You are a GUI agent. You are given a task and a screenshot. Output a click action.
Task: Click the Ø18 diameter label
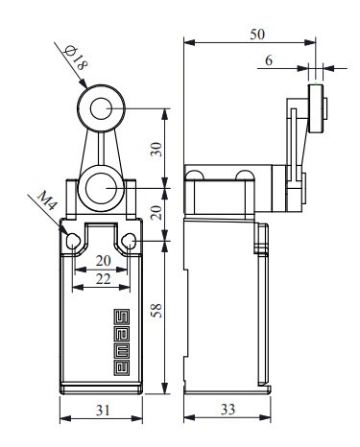[x=76, y=58]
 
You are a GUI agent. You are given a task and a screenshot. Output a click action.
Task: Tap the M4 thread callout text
[x=47, y=200]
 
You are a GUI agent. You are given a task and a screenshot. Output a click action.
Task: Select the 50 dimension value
[x=257, y=35]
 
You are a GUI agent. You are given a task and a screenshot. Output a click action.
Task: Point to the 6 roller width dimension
[x=269, y=60]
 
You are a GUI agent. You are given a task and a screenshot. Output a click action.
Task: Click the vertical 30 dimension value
[x=156, y=150]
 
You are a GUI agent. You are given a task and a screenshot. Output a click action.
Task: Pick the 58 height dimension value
[x=156, y=311]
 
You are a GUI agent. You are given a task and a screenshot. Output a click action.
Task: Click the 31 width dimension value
[x=103, y=411]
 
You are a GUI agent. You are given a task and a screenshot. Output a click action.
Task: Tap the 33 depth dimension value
[x=228, y=410]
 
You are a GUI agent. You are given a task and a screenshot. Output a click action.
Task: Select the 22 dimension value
[x=103, y=279]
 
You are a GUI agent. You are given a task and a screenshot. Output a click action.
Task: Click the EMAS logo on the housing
[x=122, y=341]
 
